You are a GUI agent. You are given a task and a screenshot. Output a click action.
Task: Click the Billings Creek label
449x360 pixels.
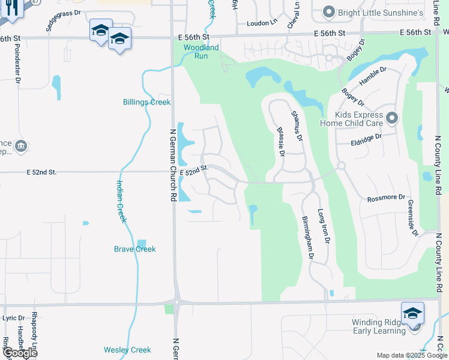[147, 102]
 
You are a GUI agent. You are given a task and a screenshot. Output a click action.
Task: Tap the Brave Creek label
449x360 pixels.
[135, 249]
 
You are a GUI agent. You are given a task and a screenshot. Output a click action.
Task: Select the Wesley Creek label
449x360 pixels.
[127, 350]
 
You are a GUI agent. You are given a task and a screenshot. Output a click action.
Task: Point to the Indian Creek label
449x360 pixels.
[122, 202]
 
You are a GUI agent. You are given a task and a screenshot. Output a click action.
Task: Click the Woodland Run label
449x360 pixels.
[201, 52]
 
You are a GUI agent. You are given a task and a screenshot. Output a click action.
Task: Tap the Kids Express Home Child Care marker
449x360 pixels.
[393, 118]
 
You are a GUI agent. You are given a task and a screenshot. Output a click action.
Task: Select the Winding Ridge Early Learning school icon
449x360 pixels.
[413, 314]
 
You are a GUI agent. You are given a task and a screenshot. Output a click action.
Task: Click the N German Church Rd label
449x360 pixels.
[173, 164]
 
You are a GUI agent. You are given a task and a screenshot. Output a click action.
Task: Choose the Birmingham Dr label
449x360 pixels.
[308, 238]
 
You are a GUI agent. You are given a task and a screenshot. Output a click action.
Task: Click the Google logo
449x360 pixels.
[19, 353]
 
